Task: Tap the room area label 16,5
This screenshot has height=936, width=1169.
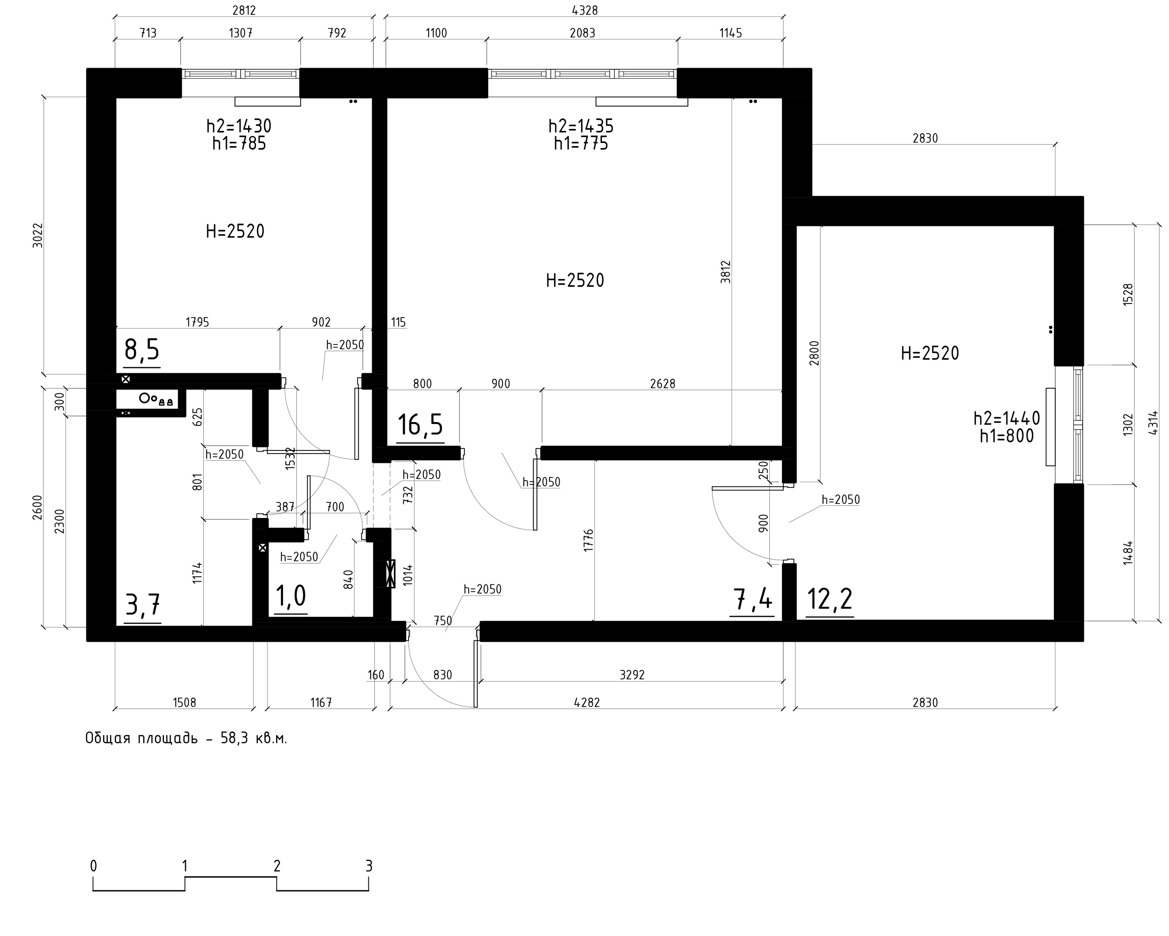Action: coord(420,425)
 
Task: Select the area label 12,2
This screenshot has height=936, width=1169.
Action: coord(830,599)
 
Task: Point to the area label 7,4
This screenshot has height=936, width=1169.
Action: coord(753,599)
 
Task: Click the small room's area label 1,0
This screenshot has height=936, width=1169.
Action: coord(291,596)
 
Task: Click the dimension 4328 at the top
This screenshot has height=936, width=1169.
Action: coord(585,10)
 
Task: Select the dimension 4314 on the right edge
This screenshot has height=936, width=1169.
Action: coord(1153,423)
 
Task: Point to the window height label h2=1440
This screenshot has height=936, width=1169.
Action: coord(1007,418)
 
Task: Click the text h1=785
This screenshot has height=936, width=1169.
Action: coord(239,144)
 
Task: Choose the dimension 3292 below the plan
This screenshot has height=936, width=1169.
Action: coord(632,675)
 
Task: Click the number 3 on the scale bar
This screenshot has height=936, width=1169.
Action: coord(369,866)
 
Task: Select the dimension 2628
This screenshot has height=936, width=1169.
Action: coord(662,384)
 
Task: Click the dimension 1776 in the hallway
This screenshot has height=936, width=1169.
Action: coord(589,541)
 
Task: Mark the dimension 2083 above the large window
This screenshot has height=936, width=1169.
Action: coord(582,33)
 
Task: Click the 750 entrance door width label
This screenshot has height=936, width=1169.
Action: coord(443,620)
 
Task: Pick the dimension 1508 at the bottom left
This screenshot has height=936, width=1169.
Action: coord(184,703)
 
